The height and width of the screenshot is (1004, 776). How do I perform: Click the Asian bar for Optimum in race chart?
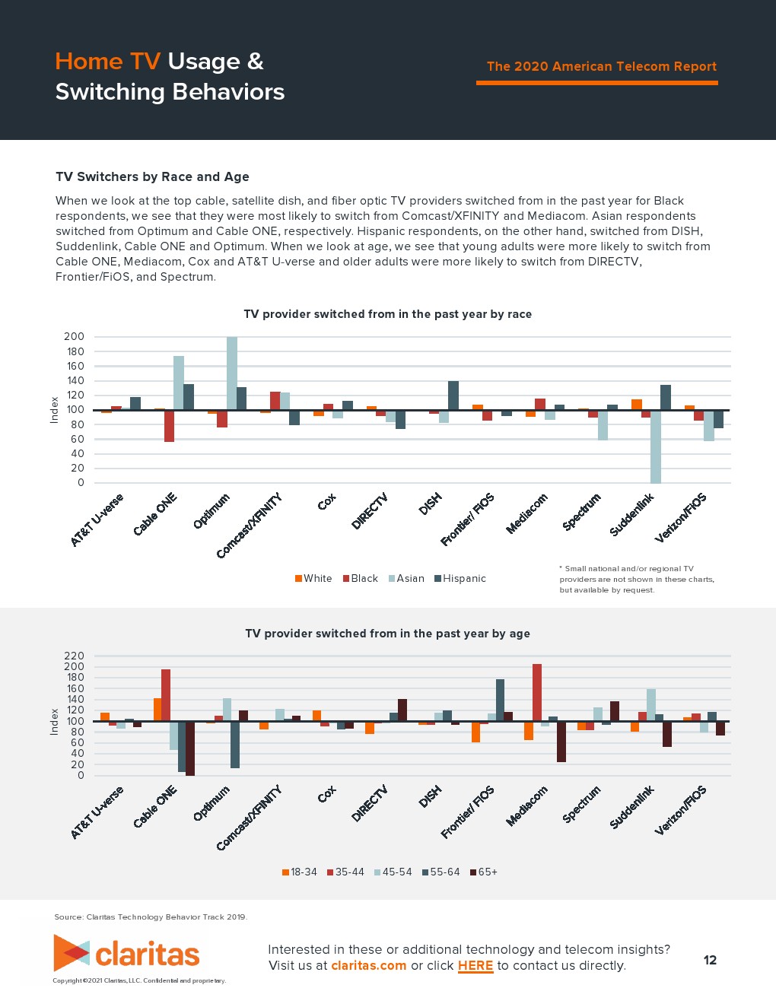pos(232,373)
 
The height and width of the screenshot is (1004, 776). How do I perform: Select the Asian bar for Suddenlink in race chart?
pos(656,446)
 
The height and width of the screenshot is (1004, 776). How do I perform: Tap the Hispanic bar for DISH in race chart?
pos(453,396)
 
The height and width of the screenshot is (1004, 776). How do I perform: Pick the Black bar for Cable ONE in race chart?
pos(169,426)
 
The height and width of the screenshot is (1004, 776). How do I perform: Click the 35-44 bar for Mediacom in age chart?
pos(537,692)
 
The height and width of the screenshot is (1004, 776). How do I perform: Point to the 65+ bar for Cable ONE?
pos(190,748)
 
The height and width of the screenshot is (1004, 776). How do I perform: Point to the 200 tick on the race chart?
pos(75,337)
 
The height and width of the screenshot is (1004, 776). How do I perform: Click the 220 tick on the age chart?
pos(75,656)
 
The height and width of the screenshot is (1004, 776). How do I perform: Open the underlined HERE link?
pos(475,966)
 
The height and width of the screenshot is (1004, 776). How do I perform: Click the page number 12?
pos(710,960)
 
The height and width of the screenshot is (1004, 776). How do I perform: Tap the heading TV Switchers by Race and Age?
pos(152,177)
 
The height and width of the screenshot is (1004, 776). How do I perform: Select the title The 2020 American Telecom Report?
pos(601,67)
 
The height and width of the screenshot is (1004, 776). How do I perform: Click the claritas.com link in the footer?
pos(368,966)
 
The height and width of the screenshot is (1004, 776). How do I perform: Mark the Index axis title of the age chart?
pos(54,722)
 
